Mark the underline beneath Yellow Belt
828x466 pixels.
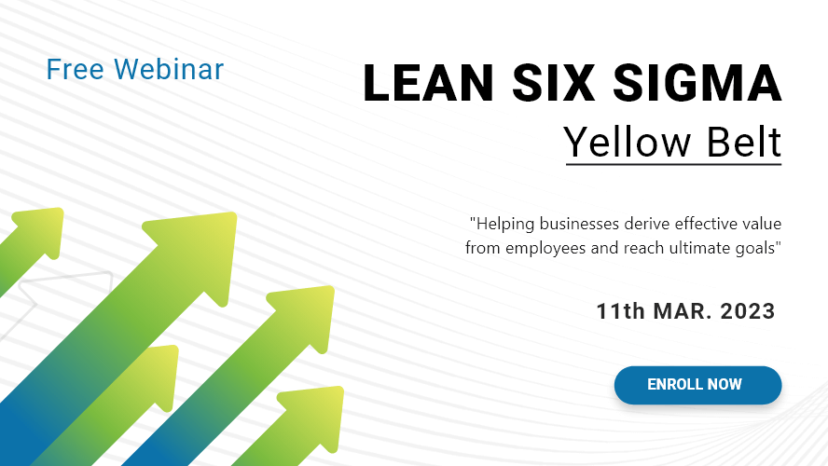(673, 165)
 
